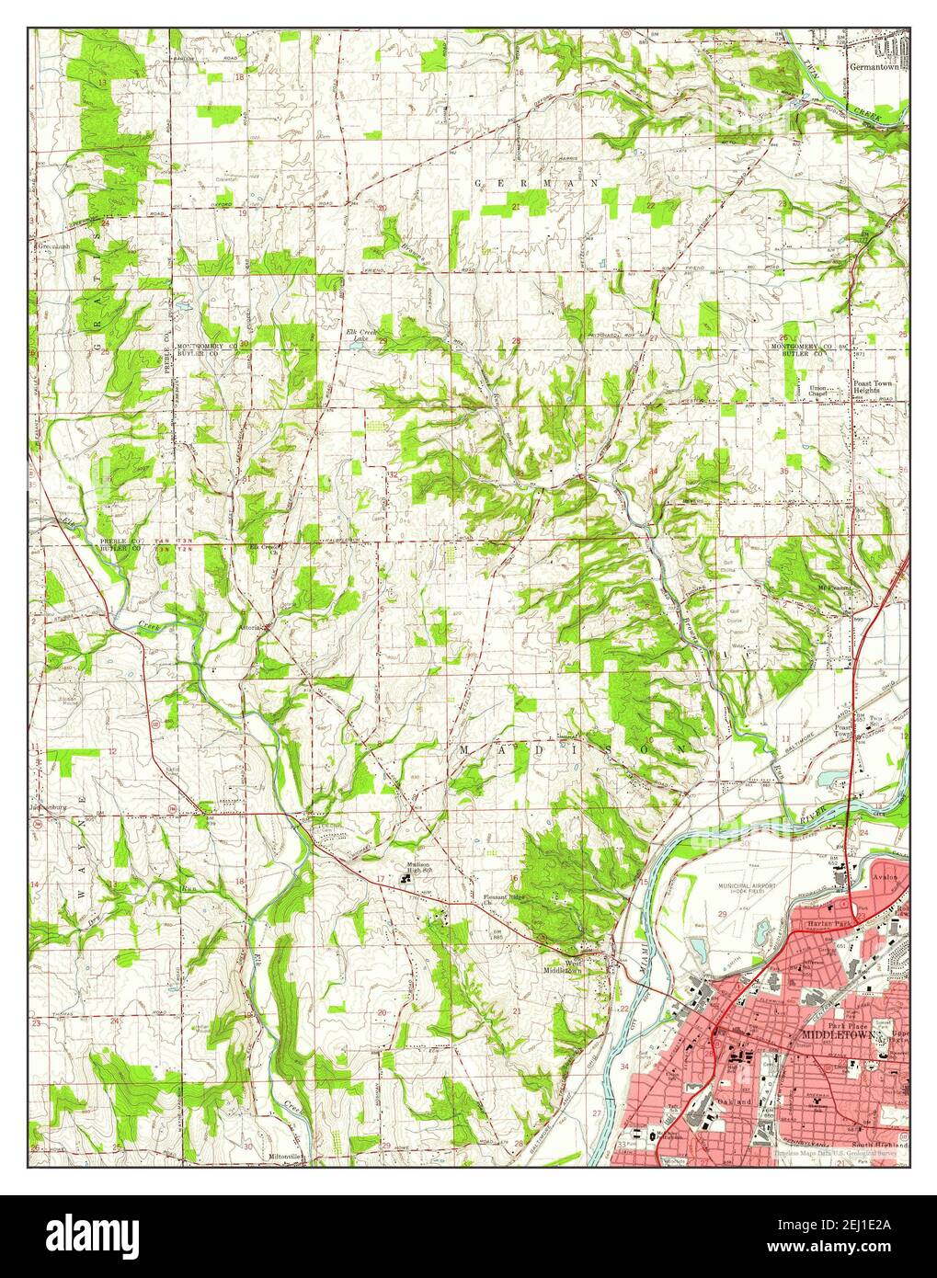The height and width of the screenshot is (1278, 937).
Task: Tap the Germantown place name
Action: (x=877, y=67)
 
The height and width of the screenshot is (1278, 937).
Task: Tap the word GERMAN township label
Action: (x=536, y=184)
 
